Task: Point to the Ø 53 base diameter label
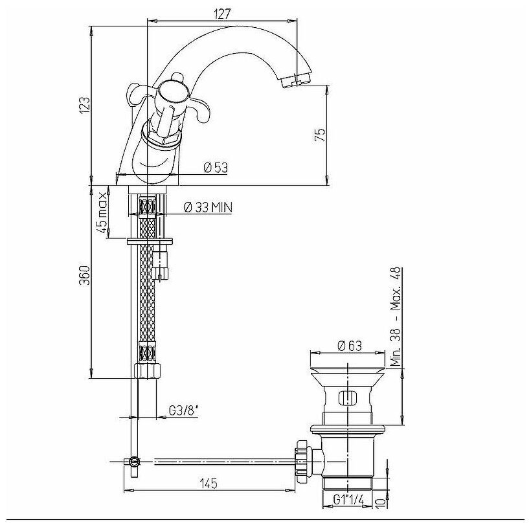coord(216,168)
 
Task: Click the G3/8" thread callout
coord(182,410)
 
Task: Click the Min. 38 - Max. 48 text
coord(397,317)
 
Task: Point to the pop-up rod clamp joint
coord(133,462)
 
